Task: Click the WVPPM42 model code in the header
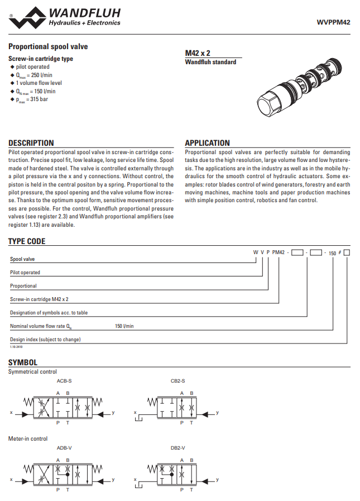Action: pyautogui.click(x=334, y=23)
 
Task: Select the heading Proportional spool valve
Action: pyautogui.click(x=48, y=47)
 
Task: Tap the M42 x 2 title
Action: pyautogui.click(x=198, y=53)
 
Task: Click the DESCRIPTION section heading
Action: pyautogui.click(x=31, y=143)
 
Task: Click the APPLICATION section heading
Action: pyautogui.click(x=207, y=143)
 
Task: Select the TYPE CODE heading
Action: pyautogui.click(x=27, y=241)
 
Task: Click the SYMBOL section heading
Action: pyautogui.click(x=23, y=362)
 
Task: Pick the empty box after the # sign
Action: pyautogui.click(x=347, y=253)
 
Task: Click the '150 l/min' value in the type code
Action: pyautogui.click(x=124, y=326)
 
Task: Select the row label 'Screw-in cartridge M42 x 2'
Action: pyautogui.click(x=43, y=299)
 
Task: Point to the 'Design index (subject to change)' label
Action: pyautogui.click(x=45, y=339)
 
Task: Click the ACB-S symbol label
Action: pyautogui.click(x=64, y=381)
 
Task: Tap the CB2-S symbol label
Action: pyautogui.click(x=178, y=381)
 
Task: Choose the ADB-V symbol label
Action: pyautogui.click(x=64, y=448)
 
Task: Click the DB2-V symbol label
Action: pyautogui.click(x=178, y=448)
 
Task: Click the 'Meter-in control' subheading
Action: pyautogui.click(x=28, y=438)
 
